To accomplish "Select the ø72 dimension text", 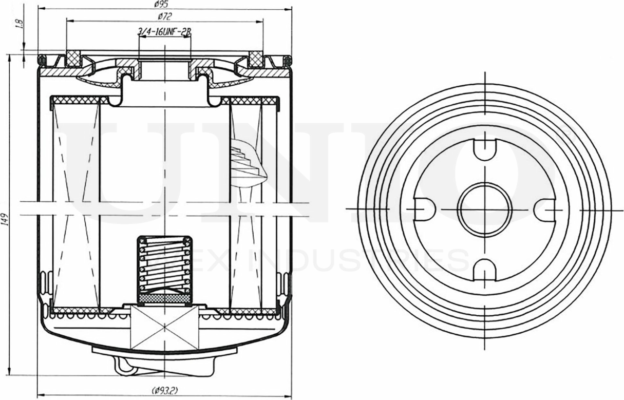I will click(x=164, y=17).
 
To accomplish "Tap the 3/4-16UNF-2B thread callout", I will click(x=164, y=32).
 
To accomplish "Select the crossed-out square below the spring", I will click(x=164, y=327).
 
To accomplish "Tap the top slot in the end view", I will click(x=485, y=148).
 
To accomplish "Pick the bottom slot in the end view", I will click(x=485, y=268).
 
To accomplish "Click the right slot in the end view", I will click(x=544, y=209).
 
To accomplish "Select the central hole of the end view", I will click(x=485, y=209).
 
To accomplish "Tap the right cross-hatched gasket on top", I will click(x=255, y=59).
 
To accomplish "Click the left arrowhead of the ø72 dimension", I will click(x=69, y=22).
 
